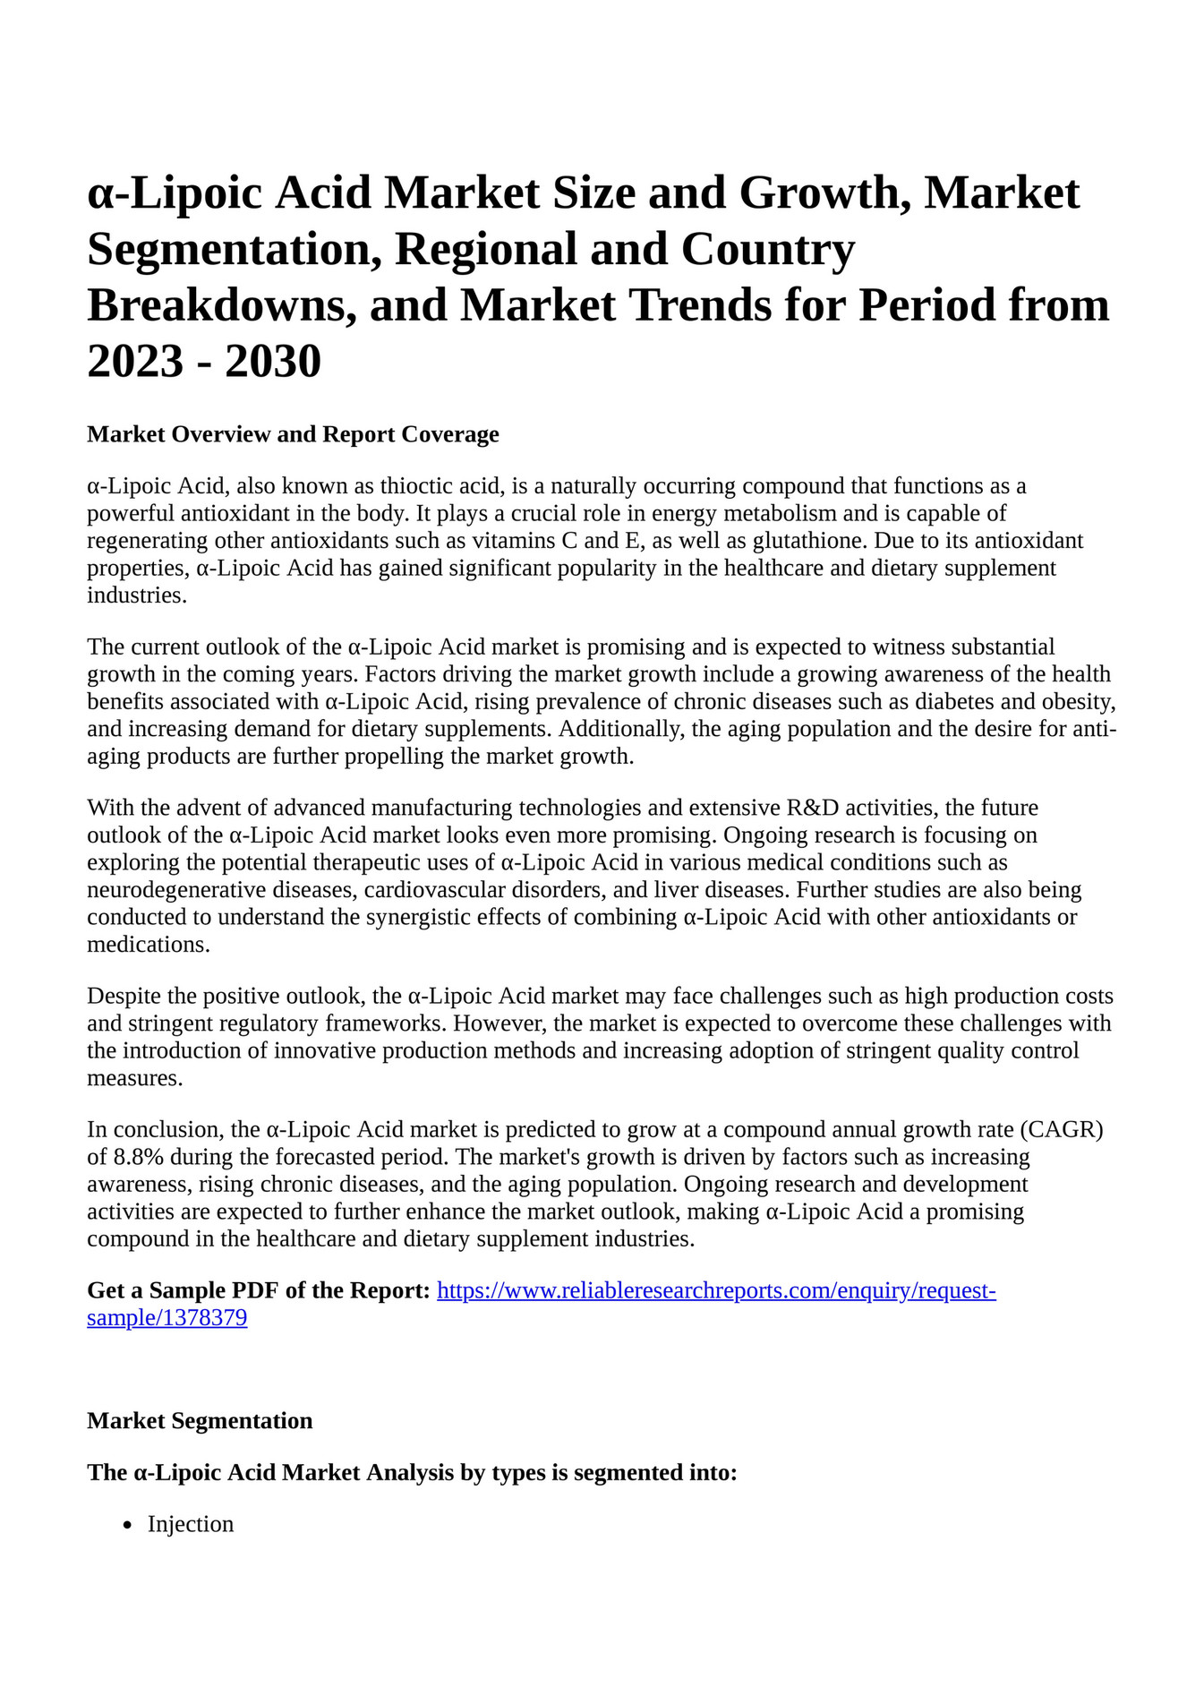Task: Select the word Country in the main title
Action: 767,250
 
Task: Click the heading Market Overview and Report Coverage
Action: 293,435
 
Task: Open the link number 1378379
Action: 167,1318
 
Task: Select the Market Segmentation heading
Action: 200,1421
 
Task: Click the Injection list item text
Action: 191,1525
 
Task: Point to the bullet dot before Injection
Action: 128,1526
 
